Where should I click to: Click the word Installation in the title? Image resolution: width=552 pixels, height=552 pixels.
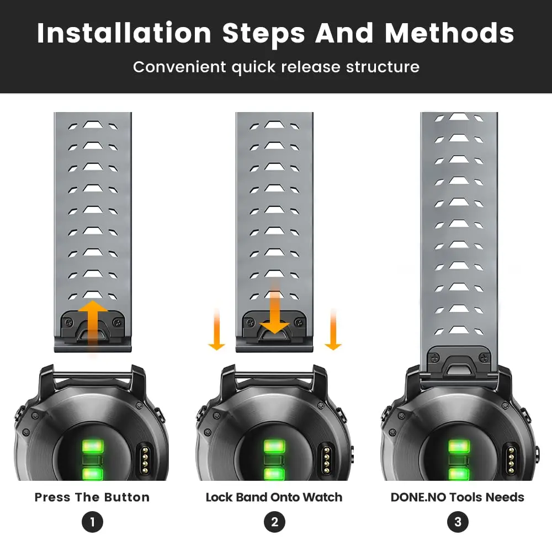[124, 33]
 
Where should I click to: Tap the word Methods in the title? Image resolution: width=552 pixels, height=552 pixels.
[449, 33]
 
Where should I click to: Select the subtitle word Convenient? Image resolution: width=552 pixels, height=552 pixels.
[179, 67]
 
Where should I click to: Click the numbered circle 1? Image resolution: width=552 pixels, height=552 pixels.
[92, 522]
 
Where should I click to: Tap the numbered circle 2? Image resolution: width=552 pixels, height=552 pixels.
[274, 522]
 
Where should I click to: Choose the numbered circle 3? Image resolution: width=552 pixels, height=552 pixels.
[458, 522]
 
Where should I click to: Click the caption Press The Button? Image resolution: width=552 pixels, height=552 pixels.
[92, 497]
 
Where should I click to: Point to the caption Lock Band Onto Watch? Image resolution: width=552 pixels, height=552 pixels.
[274, 497]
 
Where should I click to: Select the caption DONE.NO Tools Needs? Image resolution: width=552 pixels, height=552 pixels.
[457, 497]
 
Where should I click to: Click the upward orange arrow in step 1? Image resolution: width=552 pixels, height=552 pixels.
[93, 327]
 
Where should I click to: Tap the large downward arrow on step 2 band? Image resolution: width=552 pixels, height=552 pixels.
[274, 307]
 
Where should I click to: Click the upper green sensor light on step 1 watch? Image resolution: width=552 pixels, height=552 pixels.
[93, 447]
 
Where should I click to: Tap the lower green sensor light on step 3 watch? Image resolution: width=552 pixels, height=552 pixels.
[459, 474]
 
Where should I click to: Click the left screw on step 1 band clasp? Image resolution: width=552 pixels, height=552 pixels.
[70, 322]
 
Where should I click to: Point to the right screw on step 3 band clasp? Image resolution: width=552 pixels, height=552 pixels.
[485, 358]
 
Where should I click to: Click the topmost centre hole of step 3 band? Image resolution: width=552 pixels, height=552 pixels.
[459, 116]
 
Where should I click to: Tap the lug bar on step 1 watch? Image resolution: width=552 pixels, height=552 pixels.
[93, 376]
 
